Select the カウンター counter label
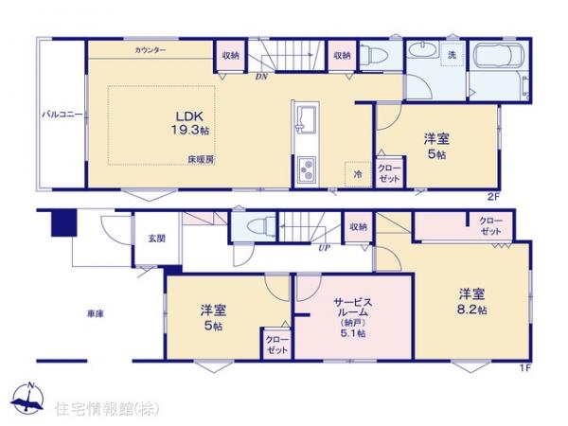coord(151,49)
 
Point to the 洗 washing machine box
coord(452,53)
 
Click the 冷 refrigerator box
coord(358,174)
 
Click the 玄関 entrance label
coord(156,239)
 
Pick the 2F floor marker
coord(491,197)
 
